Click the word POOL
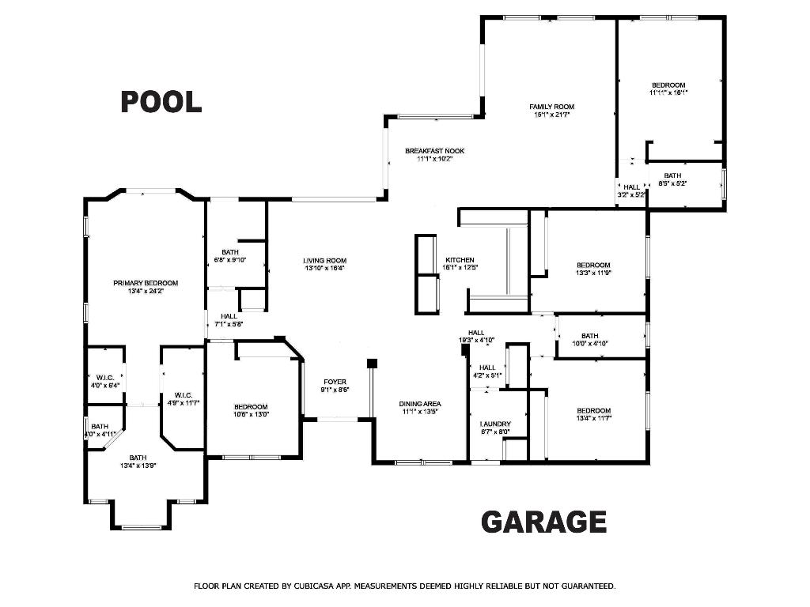(161, 101)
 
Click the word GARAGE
(543, 522)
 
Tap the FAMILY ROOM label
(551, 107)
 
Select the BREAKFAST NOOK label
(434, 151)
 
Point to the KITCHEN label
(460, 260)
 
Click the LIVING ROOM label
(325, 260)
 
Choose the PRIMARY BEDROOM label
(146, 283)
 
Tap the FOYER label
(335, 382)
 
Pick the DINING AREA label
(419, 404)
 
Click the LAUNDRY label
(495, 424)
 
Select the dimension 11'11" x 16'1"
(668, 92)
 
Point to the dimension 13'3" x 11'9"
(593, 273)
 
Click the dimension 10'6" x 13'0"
(250, 414)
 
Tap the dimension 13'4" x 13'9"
(138, 466)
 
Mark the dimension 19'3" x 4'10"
(476, 340)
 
